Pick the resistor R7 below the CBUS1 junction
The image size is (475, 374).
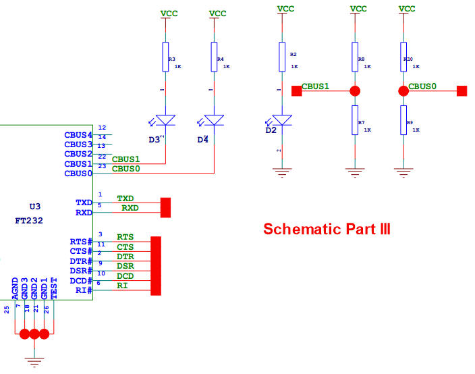tap(354, 120)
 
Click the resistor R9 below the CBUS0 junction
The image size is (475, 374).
tap(403, 120)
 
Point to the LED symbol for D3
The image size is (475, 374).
tap(165, 119)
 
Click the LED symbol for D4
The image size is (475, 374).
tap(215, 119)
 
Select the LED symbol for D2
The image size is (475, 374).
tap(282, 119)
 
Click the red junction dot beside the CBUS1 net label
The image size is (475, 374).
tap(355, 90)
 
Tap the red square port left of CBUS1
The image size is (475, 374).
tap(296, 90)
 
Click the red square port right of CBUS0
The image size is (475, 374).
tap(462, 90)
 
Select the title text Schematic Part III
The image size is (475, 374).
tap(327, 229)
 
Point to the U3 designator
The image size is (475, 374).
tap(35, 207)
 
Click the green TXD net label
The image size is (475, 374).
tap(125, 198)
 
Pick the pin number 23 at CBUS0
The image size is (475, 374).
tap(102, 166)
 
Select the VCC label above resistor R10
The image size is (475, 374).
tap(407, 9)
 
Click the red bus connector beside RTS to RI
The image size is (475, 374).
tap(156, 265)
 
